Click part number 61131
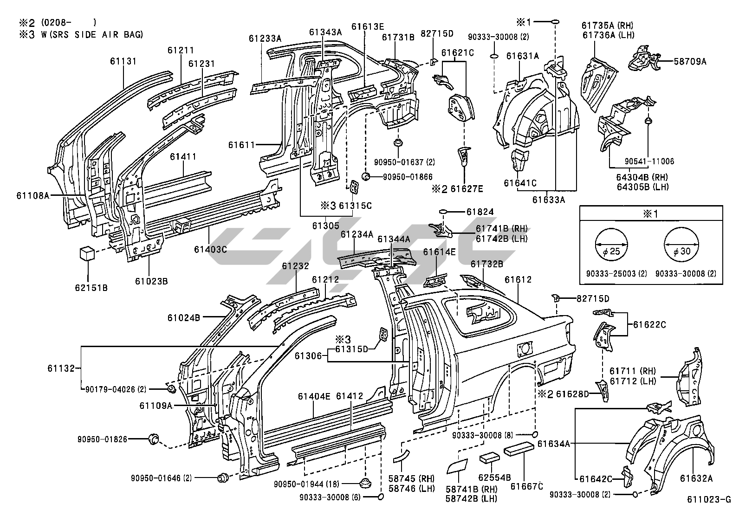point(123,61)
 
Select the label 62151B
point(91,288)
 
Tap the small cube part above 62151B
point(87,253)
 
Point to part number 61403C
point(210,249)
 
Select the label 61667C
point(527,486)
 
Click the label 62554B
point(494,477)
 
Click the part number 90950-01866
point(408,177)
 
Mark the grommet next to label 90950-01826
point(152,439)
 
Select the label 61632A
point(696,478)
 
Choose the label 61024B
point(184,318)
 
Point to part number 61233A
point(265,39)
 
